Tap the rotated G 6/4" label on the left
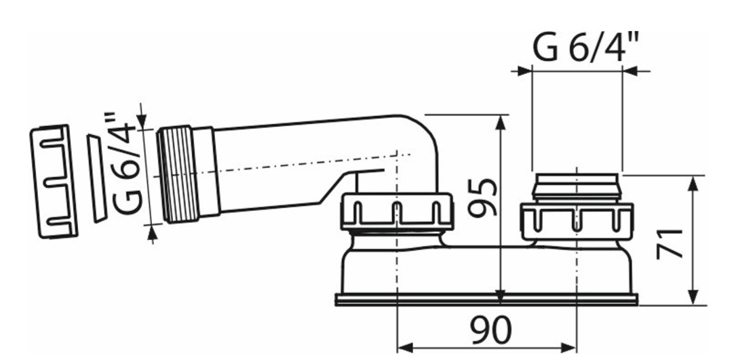126,164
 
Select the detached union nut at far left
54,181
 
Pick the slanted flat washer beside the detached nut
96,178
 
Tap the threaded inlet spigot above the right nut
576,186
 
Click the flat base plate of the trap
486,299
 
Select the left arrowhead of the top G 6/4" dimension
524,70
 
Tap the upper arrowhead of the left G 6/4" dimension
142,121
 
